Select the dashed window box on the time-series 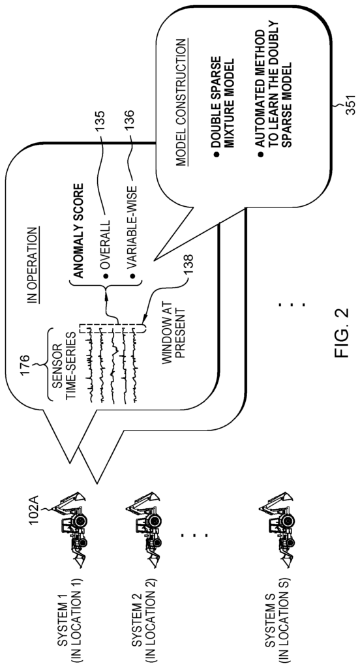pos(112,329)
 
